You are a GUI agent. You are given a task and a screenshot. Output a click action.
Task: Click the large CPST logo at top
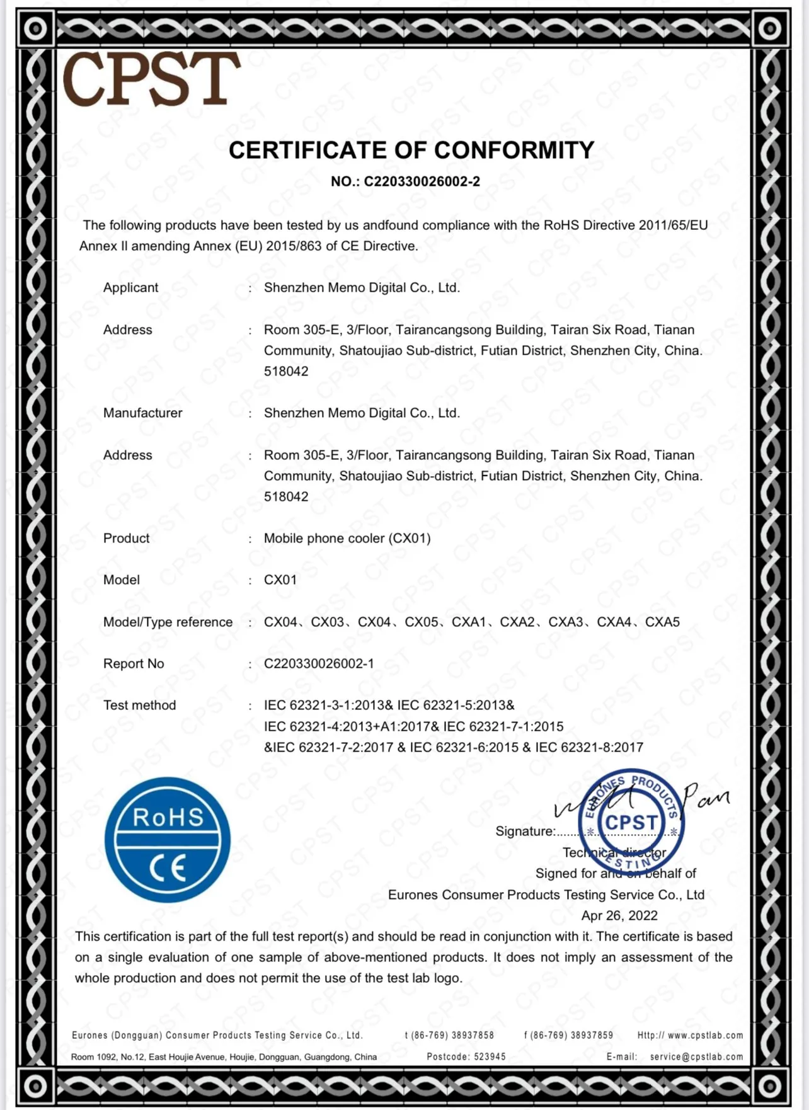151,79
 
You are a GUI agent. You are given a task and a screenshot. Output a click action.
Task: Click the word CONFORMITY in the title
514,150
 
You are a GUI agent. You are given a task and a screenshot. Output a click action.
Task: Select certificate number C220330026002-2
422,181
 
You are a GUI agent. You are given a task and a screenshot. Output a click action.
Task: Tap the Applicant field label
130,287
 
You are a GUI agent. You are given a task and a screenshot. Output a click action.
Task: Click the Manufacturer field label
142,413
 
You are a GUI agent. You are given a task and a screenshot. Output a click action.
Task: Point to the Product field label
126,538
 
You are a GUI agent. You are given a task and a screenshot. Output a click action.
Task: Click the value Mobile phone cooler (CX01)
347,538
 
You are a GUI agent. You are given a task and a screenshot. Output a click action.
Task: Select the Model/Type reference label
168,622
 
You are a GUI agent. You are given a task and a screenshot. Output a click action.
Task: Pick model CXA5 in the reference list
662,622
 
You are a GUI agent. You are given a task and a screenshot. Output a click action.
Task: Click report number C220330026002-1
319,663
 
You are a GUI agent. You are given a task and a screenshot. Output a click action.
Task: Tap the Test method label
139,705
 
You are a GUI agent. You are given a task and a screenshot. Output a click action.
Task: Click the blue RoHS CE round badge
168,840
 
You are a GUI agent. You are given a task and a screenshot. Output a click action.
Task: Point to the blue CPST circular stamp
631,821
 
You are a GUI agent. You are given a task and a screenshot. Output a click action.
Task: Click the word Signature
525,831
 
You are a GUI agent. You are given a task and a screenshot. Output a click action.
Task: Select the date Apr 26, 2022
619,915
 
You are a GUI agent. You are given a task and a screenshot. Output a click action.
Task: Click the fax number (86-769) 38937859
572,1035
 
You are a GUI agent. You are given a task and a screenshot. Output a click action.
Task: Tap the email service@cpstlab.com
696,1056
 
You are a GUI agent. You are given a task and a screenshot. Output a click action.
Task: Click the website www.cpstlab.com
705,1035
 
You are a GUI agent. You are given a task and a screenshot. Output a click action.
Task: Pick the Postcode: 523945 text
466,1056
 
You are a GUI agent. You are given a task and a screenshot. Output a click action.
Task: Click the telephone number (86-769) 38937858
452,1035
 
